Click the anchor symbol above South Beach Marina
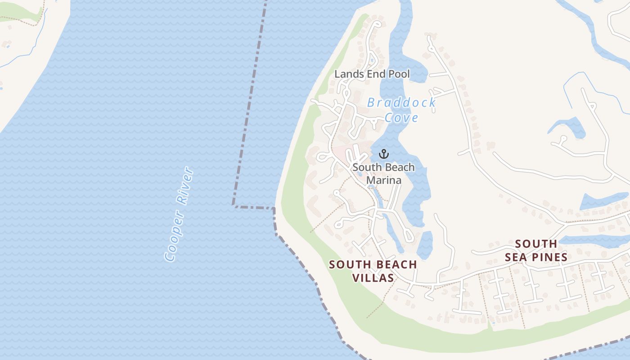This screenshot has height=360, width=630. pyautogui.click(x=383, y=154)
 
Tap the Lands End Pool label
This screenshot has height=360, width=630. pyautogui.click(x=372, y=74)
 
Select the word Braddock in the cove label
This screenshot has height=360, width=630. pyautogui.click(x=401, y=103)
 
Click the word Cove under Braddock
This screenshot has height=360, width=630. pyautogui.click(x=401, y=118)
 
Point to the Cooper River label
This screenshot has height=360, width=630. pyautogui.click(x=179, y=214)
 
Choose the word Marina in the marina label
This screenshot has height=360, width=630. pyautogui.click(x=383, y=180)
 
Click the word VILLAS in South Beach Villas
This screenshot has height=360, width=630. pyautogui.click(x=373, y=278)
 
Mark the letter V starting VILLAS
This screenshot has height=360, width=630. pyautogui.click(x=355, y=278)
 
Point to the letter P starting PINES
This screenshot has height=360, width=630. pyautogui.click(x=531, y=257)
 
